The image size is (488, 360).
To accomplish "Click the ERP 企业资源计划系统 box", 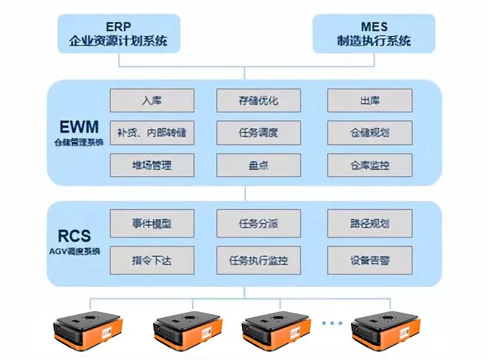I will tap(118, 34).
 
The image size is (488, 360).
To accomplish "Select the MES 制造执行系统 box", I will tap(374, 34).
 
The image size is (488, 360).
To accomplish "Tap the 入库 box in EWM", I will tap(152, 100).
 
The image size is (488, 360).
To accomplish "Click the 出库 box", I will tap(370, 100).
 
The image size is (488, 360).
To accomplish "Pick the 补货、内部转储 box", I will tap(152, 133).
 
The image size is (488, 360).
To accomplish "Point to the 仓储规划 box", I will tap(370, 133).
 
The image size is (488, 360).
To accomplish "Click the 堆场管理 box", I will tap(152, 165).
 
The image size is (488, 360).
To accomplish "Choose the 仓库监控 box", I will tap(370, 165).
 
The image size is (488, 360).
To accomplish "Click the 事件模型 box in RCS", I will tap(152, 224).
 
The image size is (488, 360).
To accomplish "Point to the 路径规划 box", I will tap(370, 224).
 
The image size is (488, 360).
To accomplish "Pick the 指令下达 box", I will tap(152, 260).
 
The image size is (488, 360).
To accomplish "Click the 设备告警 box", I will tap(370, 260).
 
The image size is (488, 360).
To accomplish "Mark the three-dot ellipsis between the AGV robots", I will tap(331, 323).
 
